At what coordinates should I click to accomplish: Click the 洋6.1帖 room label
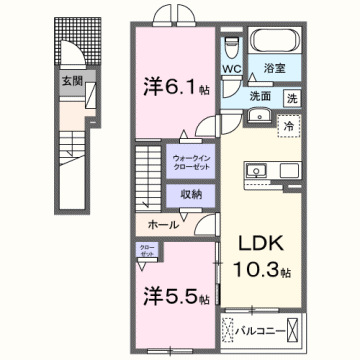[x=171, y=86]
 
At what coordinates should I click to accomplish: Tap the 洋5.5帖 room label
[x=171, y=296]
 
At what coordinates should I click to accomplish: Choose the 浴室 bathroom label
[x=276, y=69]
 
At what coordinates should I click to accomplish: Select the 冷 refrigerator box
[x=288, y=126]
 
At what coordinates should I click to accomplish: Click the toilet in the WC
[x=231, y=46]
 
